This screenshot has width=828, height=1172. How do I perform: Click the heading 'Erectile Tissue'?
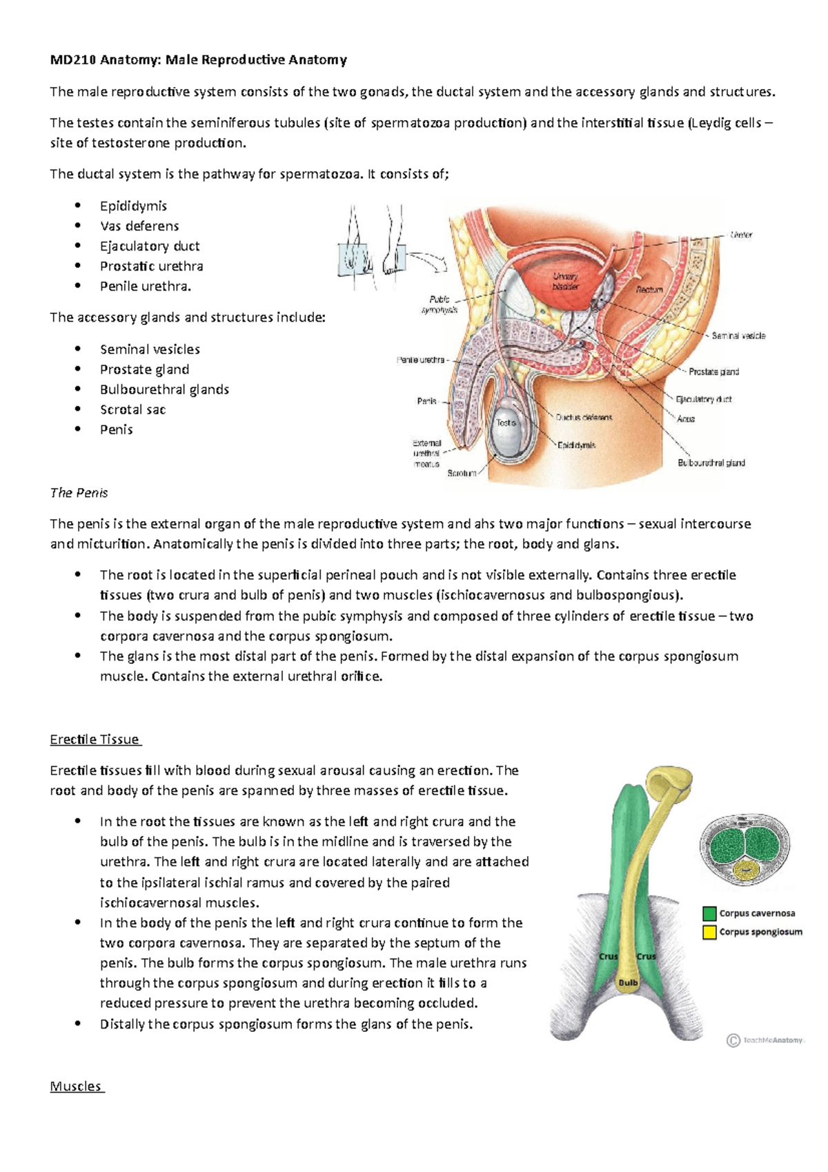pos(95,739)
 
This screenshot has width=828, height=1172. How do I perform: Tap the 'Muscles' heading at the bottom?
pos(76,1086)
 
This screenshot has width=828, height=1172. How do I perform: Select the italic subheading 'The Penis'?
pos(79,493)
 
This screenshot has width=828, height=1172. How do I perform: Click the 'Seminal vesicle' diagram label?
pos(738,336)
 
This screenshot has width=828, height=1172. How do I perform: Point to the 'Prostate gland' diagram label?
pos(713,371)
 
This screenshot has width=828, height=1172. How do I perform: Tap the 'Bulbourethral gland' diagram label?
pos(711,463)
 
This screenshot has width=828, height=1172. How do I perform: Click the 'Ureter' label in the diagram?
pos(741,235)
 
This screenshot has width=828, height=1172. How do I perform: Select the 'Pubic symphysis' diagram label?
pos(440,304)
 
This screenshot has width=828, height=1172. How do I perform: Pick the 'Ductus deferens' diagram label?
pos(584,418)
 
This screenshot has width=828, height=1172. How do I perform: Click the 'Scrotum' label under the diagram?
pos(462,473)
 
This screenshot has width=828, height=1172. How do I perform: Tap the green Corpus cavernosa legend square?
pos(709,913)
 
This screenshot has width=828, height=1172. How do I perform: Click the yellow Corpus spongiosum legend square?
pos(709,932)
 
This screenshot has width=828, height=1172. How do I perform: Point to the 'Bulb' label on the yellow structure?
pos(628,982)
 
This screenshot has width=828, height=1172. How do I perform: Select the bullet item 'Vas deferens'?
pos(139,226)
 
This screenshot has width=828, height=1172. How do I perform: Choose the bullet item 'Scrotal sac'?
pos(132,409)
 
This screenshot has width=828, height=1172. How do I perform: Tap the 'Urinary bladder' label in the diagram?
pos(565,281)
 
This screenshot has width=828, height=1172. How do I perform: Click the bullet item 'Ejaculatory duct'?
pos(150,246)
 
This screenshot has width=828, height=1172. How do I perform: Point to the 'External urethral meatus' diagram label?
pos(426,453)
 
